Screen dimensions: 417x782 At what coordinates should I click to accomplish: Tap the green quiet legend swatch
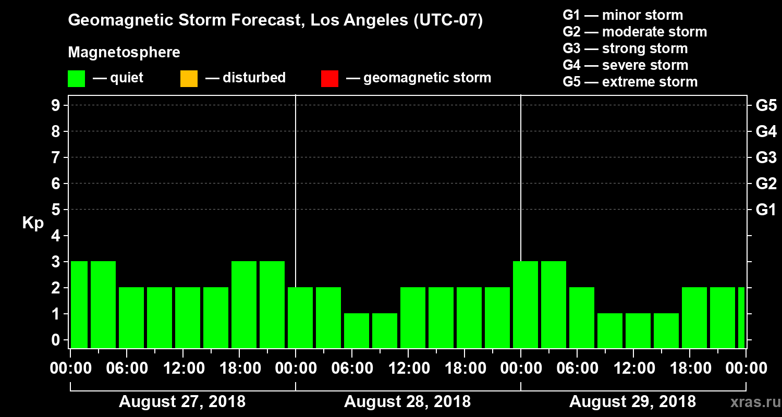tap(76, 78)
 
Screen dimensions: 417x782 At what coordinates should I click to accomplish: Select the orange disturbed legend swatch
tap(189, 78)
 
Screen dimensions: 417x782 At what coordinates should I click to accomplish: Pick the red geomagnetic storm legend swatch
tap(329, 78)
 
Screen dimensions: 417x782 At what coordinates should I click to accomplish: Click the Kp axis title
tap(33, 223)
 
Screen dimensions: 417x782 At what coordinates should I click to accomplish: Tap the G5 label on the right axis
tap(766, 105)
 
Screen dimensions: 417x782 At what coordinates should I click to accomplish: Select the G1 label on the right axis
tap(766, 210)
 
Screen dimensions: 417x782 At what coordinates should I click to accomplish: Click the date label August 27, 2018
tap(182, 402)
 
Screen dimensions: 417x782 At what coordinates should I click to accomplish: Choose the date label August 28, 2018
tap(407, 402)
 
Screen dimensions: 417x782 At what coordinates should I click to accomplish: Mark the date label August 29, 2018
tap(632, 402)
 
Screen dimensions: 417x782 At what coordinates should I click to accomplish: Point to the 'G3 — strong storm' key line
tap(625, 48)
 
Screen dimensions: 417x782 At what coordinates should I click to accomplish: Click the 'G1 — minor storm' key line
tap(622, 15)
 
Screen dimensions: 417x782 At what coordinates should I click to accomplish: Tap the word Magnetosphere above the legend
tap(124, 53)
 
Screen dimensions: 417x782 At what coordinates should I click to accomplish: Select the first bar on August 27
tap(79, 304)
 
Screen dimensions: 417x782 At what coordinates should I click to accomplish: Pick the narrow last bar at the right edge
tap(741, 317)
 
